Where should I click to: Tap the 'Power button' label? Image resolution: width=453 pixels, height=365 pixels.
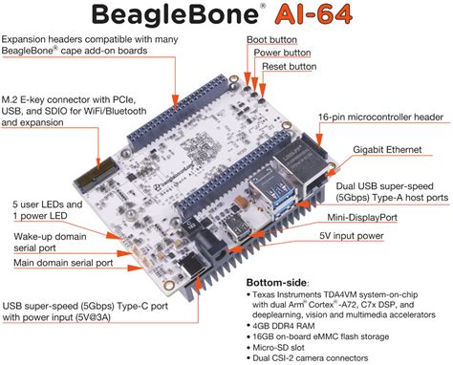(285, 53)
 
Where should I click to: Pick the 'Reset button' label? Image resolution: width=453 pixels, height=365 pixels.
(290, 67)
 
